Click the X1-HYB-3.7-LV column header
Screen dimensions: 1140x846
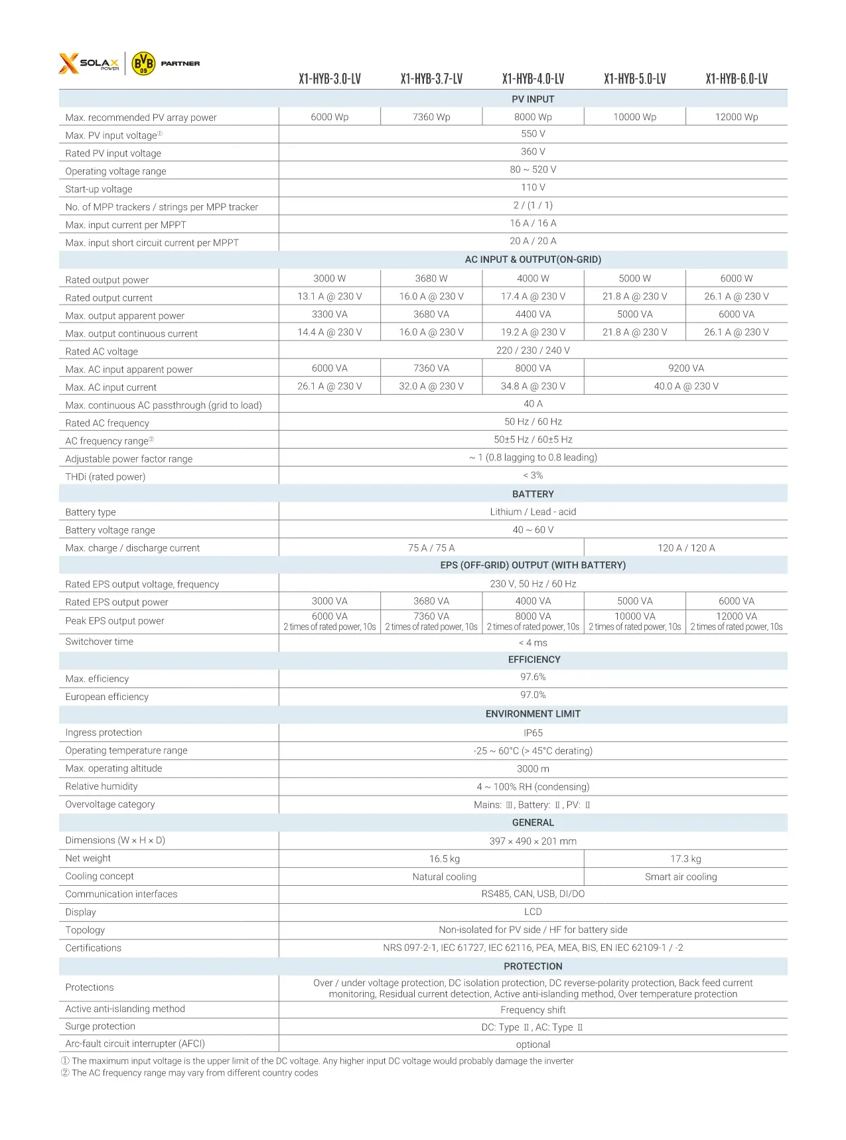(431, 79)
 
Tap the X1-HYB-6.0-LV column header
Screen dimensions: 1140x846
(737, 79)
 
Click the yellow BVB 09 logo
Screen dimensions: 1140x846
(143, 64)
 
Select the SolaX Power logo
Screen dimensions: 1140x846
(89, 64)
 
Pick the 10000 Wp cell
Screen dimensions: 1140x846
(634, 117)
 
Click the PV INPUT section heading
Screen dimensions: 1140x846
(533, 99)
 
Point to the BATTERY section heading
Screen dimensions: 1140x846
(533, 494)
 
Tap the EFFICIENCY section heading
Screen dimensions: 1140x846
(533, 659)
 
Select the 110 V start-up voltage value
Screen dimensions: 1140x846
(533, 187)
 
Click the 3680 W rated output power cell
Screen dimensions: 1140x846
(431, 278)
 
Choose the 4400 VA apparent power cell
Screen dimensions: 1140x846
(533, 314)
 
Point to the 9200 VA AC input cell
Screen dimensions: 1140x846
(686, 368)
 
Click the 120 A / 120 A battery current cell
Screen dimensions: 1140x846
(686, 547)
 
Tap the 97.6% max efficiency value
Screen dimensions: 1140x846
(533, 677)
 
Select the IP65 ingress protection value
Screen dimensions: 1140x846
(533, 733)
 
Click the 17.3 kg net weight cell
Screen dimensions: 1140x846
(685, 859)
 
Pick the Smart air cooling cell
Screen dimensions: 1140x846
(681, 877)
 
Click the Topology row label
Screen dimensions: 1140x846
(85, 930)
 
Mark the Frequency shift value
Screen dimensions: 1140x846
(533, 1010)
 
